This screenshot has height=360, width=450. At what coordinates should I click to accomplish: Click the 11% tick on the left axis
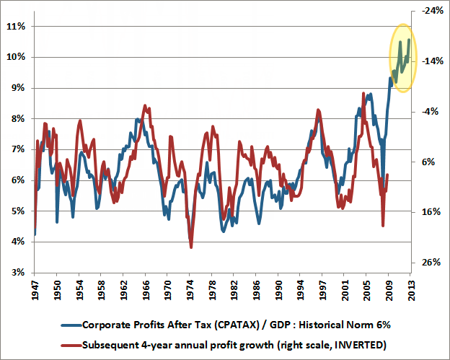point(16,26)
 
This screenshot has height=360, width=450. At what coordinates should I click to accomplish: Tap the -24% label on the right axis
point(431,12)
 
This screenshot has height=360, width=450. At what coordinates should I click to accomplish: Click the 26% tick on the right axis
point(431,263)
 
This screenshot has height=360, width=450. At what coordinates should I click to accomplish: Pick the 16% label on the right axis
point(431,212)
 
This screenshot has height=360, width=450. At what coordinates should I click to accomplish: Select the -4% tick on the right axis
point(431,112)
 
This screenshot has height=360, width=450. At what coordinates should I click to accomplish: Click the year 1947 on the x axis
point(35,294)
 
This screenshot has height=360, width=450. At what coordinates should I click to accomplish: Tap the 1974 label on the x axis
point(190,294)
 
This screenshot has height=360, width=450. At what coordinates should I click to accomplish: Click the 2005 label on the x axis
point(367,294)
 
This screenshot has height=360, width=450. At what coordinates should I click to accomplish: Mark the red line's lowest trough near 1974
point(191,247)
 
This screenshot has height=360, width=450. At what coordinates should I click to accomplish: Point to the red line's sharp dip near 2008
point(383,225)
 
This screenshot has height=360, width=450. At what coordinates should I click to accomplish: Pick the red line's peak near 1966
point(145,106)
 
